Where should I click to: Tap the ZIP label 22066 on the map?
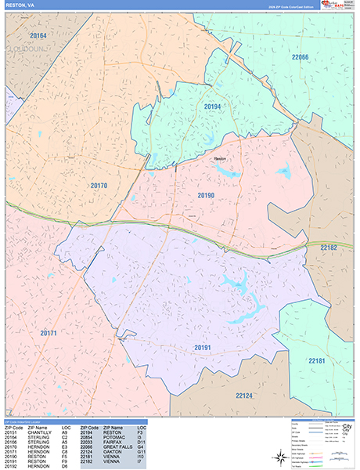click(x=301, y=57)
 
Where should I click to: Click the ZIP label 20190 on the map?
click(x=206, y=195)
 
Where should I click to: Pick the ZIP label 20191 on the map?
click(x=204, y=347)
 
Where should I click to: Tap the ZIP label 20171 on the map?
click(x=48, y=333)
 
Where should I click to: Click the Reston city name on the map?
click(x=220, y=158)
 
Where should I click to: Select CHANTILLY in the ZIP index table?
click(x=38, y=432)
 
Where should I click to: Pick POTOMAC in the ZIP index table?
click(x=112, y=437)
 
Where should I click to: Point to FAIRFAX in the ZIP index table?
click(x=111, y=442)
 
